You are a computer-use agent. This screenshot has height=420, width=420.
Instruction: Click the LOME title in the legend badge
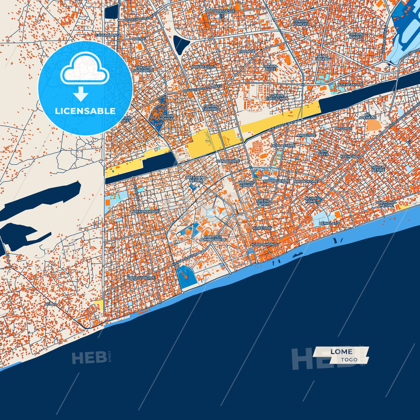(x=341, y=352)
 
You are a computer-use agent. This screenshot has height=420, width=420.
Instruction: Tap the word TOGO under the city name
(x=349, y=360)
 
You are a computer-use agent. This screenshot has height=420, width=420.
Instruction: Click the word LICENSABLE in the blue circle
(x=85, y=111)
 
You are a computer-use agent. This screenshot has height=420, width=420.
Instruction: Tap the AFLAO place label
(x=51, y=304)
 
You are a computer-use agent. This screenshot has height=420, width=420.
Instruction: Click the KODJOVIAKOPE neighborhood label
(x=141, y=278)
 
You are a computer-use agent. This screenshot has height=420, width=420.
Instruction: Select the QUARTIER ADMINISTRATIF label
(x=213, y=238)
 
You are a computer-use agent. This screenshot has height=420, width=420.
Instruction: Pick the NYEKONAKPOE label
(x=145, y=212)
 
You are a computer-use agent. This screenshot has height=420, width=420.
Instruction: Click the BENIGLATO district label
(x=329, y=223)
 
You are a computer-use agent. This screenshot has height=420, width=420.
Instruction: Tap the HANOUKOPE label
(x=228, y=161)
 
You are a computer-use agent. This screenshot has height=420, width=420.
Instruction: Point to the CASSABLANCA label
(x=108, y=35)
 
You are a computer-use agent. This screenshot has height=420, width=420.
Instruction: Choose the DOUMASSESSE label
(x=221, y=11)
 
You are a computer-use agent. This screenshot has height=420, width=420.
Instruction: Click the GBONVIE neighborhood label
(x=246, y=51)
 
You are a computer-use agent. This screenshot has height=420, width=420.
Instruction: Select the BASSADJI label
(x=344, y=128)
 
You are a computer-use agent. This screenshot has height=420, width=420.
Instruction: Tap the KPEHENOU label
(x=350, y=156)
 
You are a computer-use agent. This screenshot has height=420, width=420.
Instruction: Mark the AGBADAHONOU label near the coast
(x=265, y=244)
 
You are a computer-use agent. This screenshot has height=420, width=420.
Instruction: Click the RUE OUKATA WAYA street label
(x=282, y=125)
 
